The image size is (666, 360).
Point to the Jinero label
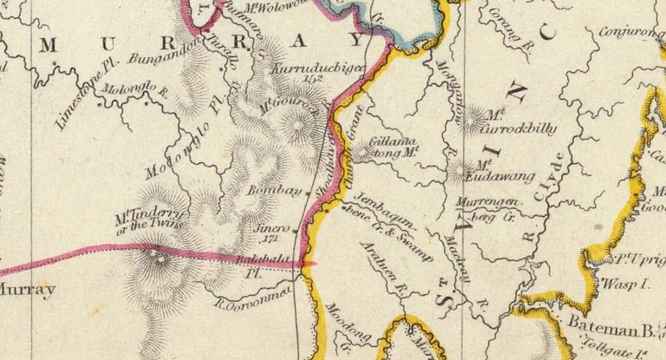[x=271, y=226]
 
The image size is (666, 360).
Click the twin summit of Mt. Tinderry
[x=158, y=254]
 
